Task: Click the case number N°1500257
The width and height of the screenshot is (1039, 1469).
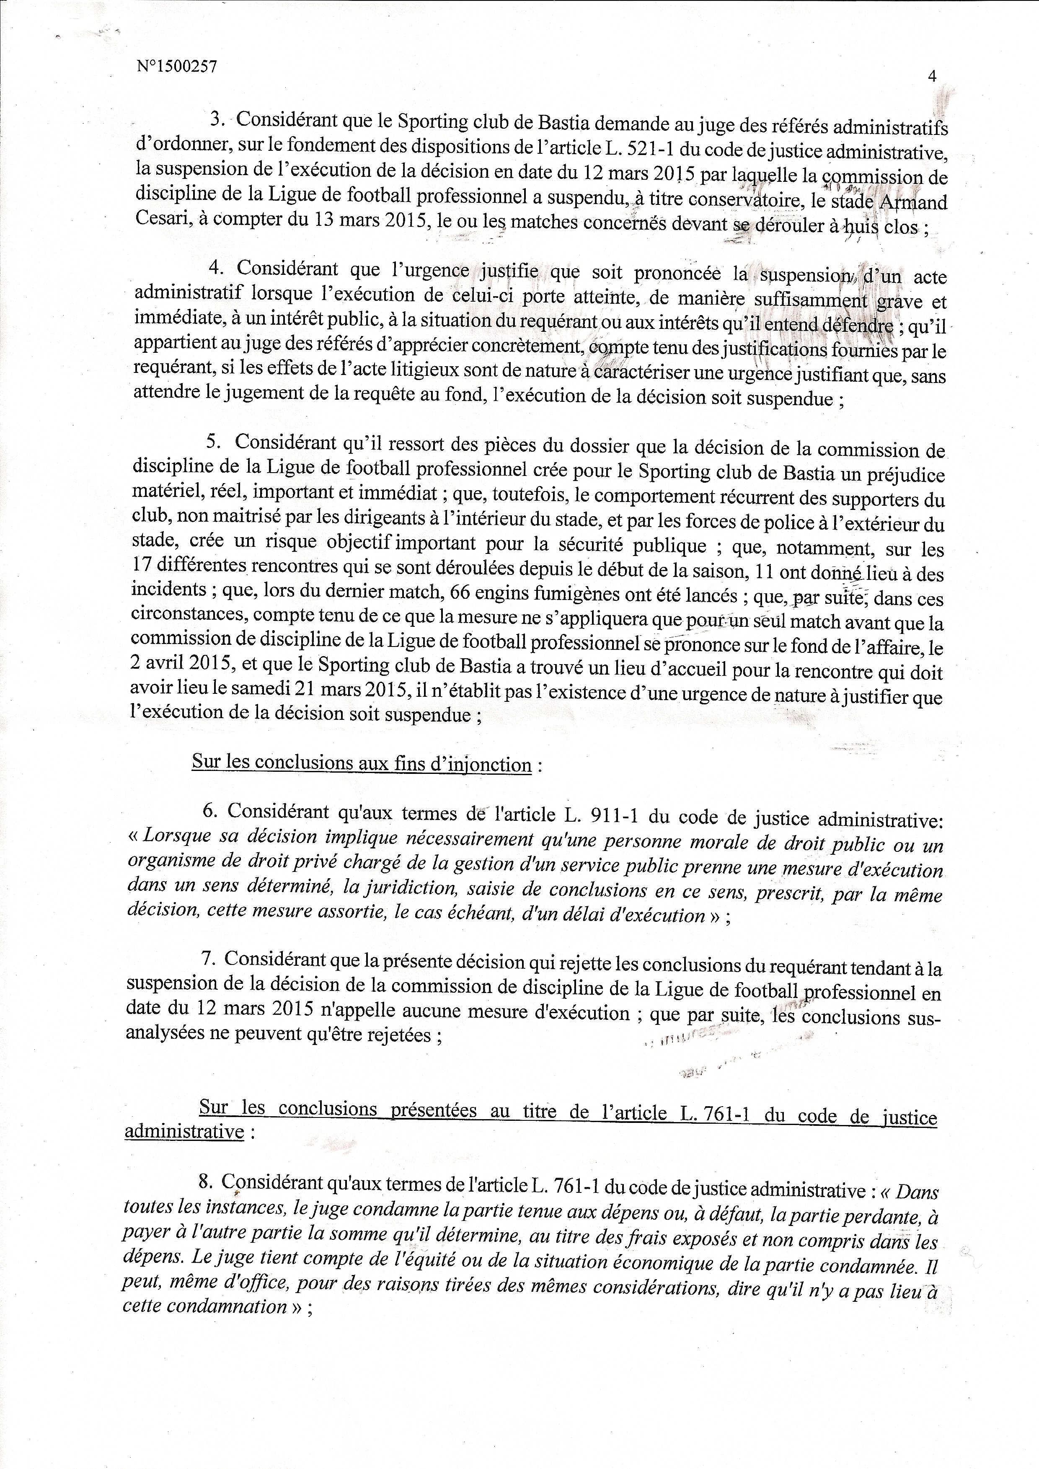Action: [x=176, y=67]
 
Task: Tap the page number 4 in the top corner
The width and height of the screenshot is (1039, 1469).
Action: [x=931, y=76]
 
